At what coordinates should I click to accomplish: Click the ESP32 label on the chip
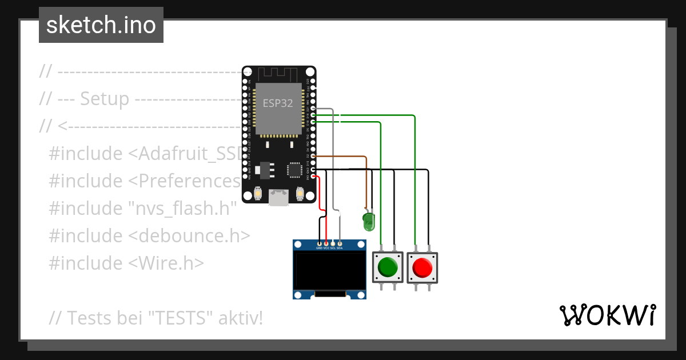[278, 103]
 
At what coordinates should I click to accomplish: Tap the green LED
[369, 221]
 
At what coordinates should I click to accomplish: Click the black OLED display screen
[329, 271]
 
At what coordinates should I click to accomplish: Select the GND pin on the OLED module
[319, 243]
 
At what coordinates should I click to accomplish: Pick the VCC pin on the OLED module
[326, 243]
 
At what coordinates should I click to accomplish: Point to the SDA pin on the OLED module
[340, 243]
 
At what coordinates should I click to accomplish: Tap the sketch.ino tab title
[101, 25]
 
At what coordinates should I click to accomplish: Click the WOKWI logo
[607, 315]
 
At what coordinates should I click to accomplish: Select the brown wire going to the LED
[343, 155]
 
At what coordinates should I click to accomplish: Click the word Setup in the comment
[105, 98]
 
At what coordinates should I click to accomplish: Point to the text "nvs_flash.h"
[182, 208]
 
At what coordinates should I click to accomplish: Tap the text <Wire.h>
[165, 263]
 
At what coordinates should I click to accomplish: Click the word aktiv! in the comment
[240, 318]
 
